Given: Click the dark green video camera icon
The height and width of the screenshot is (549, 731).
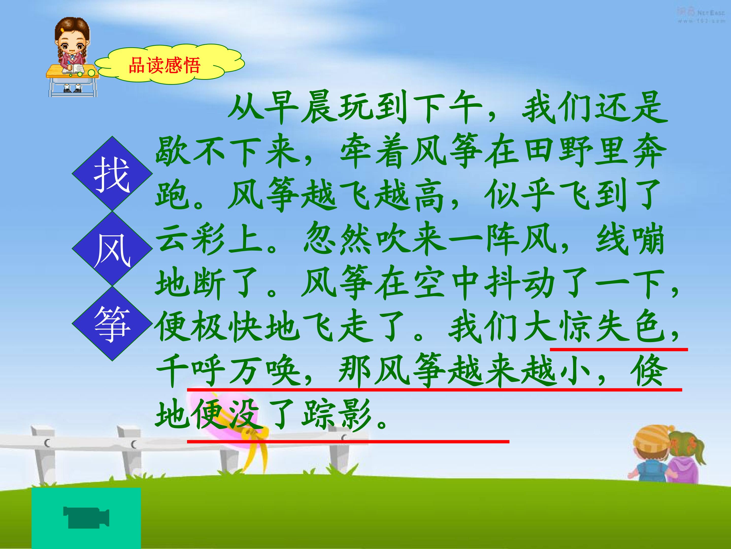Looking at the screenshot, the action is (86, 517).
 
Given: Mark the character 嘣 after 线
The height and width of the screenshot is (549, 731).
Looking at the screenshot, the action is (648, 239).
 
